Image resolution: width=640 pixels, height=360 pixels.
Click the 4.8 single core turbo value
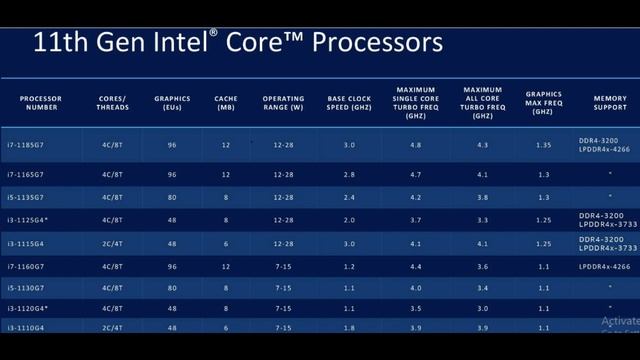(x=415, y=146)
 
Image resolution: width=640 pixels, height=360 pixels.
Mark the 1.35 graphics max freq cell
(x=543, y=146)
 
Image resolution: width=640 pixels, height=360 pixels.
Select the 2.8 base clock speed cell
(x=348, y=175)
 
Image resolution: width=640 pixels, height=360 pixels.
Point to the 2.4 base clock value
(x=348, y=197)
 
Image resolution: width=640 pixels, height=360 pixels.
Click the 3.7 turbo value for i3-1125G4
(x=415, y=219)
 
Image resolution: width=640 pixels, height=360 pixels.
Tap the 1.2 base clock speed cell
(x=348, y=266)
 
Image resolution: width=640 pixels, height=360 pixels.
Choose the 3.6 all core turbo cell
(x=483, y=266)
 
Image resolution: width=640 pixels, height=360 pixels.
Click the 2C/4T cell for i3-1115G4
(x=113, y=243)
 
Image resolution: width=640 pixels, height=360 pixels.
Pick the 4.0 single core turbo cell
(x=415, y=288)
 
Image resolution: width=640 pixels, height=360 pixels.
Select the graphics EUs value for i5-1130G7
(x=172, y=288)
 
